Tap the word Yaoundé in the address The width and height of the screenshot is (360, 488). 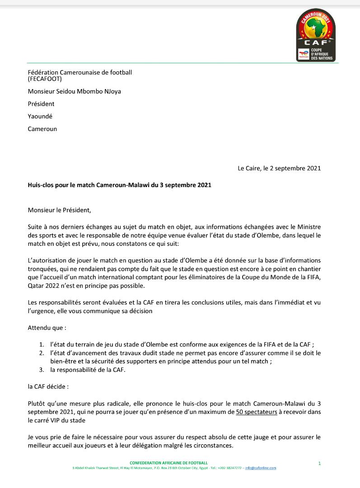pyautogui.click(x=40, y=116)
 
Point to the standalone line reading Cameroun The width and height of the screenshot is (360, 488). pyautogui.click(x=42, y=128)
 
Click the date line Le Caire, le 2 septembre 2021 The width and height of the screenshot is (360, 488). pyautogui.click(x=279, y=169)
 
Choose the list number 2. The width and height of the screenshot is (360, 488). pyautogui.click(x=42, y=353)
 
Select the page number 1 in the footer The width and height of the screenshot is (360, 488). pyautogui.click(x=319, y=464)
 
